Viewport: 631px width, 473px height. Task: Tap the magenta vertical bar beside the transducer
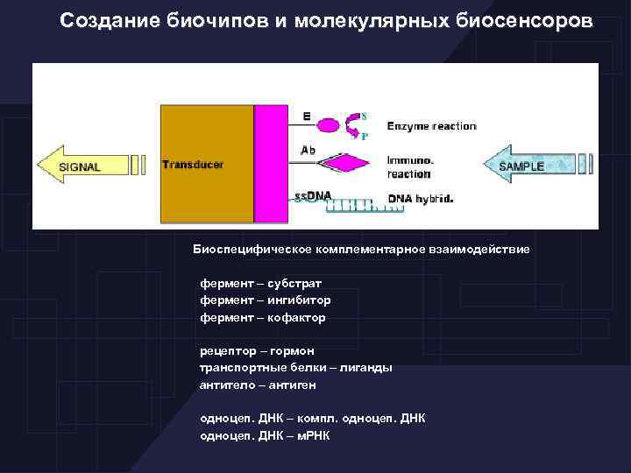271,165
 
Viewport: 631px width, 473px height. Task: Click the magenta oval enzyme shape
326,125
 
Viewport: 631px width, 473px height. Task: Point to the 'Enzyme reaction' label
431,126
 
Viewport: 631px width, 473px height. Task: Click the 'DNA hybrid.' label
420,199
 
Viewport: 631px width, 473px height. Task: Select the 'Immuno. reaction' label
409,167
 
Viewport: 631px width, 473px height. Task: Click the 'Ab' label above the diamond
308,150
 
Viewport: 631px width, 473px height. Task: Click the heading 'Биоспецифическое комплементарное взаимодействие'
361,250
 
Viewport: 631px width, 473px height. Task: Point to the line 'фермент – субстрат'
260,283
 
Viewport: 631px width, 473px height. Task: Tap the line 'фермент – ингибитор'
265,300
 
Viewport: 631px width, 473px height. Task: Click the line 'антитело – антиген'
258,385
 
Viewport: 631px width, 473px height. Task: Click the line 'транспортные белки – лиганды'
295,368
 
